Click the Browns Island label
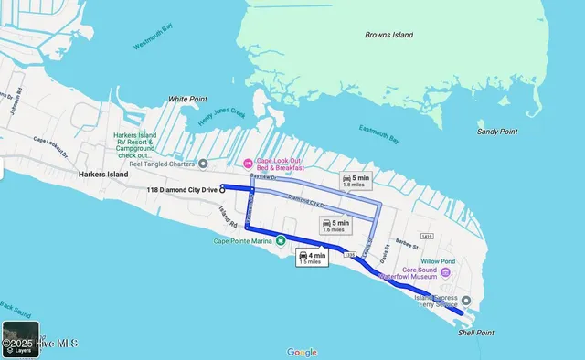tap(388, 35)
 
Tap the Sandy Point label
tap(497, 132)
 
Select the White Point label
tap(187, 99)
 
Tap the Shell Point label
tap(475, 333)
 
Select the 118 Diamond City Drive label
tap(183, 189)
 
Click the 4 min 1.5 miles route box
tap(312, 258)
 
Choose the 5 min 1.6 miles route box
tap(335, 226)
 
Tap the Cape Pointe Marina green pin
tap(281, 241)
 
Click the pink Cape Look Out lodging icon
tap(247, 164)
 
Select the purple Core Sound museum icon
tap(446, 272)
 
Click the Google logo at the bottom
tap(302, 352)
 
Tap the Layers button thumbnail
tap(20, 339)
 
